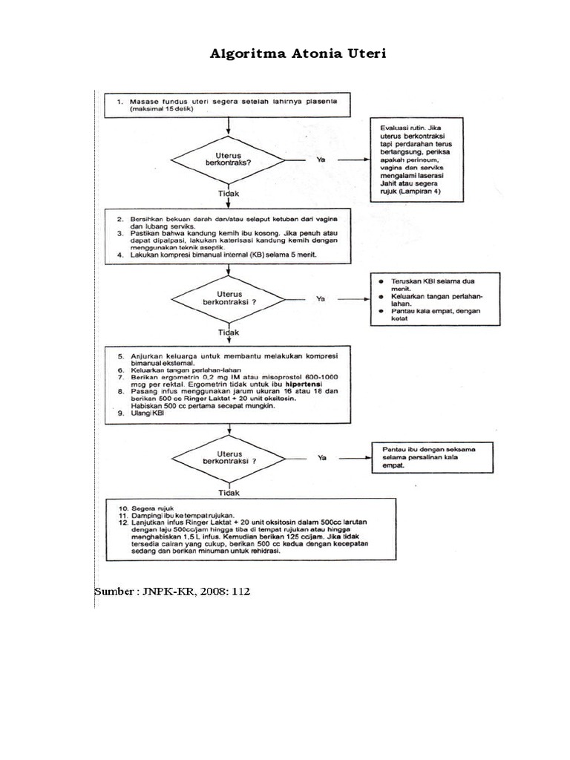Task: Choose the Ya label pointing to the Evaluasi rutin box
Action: coord(321,159)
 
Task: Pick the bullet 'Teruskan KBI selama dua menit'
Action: coord(424,286)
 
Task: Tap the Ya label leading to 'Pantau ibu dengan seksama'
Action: coord(322,458)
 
